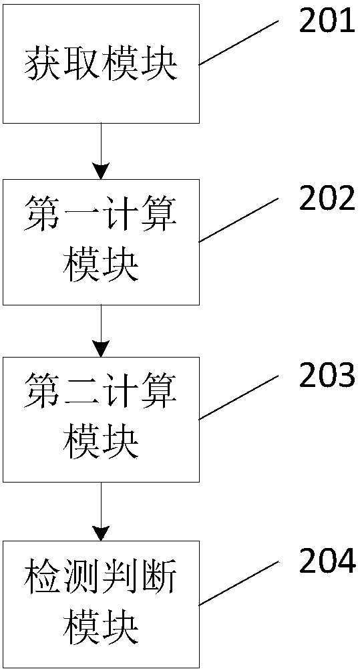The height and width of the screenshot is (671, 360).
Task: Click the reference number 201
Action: [327, 22]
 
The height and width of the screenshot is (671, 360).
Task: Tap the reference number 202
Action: [327, 198]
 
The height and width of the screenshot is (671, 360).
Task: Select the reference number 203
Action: [327, 376]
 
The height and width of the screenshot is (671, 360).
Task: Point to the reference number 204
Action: [327, 560]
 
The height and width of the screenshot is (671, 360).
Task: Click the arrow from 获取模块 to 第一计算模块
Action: [102, 151]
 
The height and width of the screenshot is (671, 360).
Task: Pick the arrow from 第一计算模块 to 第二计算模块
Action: [102, 331]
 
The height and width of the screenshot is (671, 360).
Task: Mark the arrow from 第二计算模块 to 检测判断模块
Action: [102, 512]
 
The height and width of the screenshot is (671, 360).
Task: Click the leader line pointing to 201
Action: [239, 43]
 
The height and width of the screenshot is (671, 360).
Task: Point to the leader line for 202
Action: [239, 220]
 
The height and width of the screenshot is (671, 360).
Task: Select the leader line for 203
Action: [239, 398]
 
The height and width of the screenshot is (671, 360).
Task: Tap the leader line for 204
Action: [239, 583]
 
